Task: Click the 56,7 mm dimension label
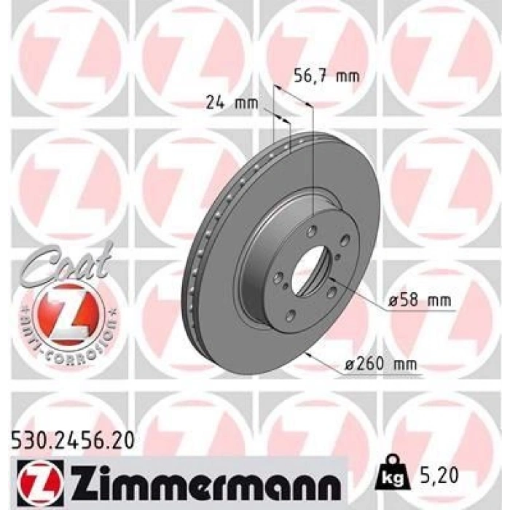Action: tap(326, 76)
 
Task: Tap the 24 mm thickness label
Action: tap(232, 103)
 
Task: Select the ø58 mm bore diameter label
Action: tap(420, 300)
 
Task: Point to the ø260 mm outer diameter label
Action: tap(380, 364)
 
